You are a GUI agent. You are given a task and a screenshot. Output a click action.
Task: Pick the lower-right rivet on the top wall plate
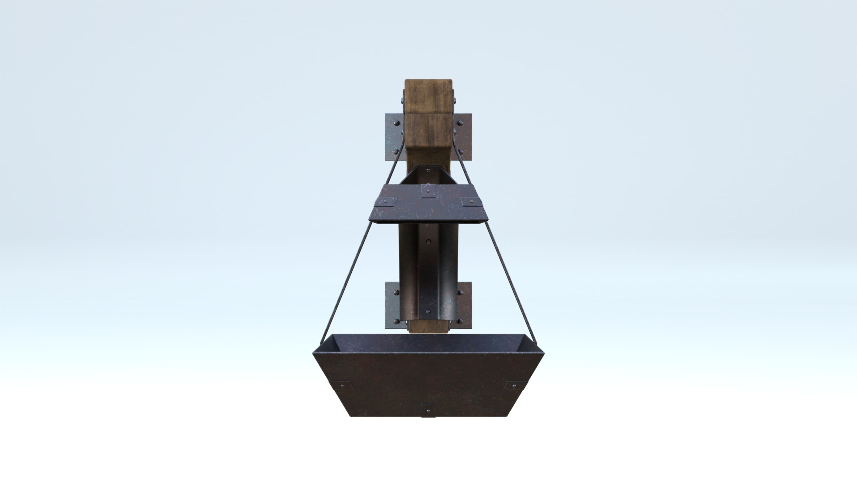(462, 152)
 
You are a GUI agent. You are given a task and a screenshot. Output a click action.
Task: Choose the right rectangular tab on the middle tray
(470, 202)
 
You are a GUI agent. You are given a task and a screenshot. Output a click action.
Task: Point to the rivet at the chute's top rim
(428, 170)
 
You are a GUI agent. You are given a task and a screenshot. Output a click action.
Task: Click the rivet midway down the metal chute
(428, 242)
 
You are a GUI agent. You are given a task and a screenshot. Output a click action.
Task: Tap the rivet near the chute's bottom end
(428, 311)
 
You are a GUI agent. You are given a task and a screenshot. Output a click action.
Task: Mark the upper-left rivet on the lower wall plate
(395, 291)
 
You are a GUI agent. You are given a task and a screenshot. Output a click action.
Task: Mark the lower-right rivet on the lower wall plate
(461, 322)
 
